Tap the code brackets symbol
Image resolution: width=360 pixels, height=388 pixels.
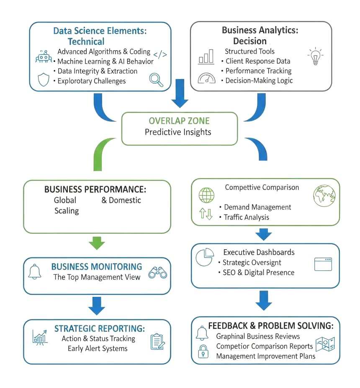[x=160, y=54]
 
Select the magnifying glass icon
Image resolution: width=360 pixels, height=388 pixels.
[x=156, y=79]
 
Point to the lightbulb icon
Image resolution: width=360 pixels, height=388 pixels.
[x=315, y=57]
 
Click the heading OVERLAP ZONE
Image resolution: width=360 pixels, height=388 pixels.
[x=180, y=121]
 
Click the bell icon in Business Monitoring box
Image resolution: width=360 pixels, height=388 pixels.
[x=35, y=272]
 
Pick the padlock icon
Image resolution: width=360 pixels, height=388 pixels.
[x=203, y=352]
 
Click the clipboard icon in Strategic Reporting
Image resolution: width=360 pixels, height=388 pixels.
[x=157, y=341]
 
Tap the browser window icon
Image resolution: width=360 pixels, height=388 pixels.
[x=323, y=264]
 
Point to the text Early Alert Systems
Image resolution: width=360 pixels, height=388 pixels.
[x=98, y=348]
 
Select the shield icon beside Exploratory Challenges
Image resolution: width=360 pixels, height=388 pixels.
[x=44, y=80]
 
